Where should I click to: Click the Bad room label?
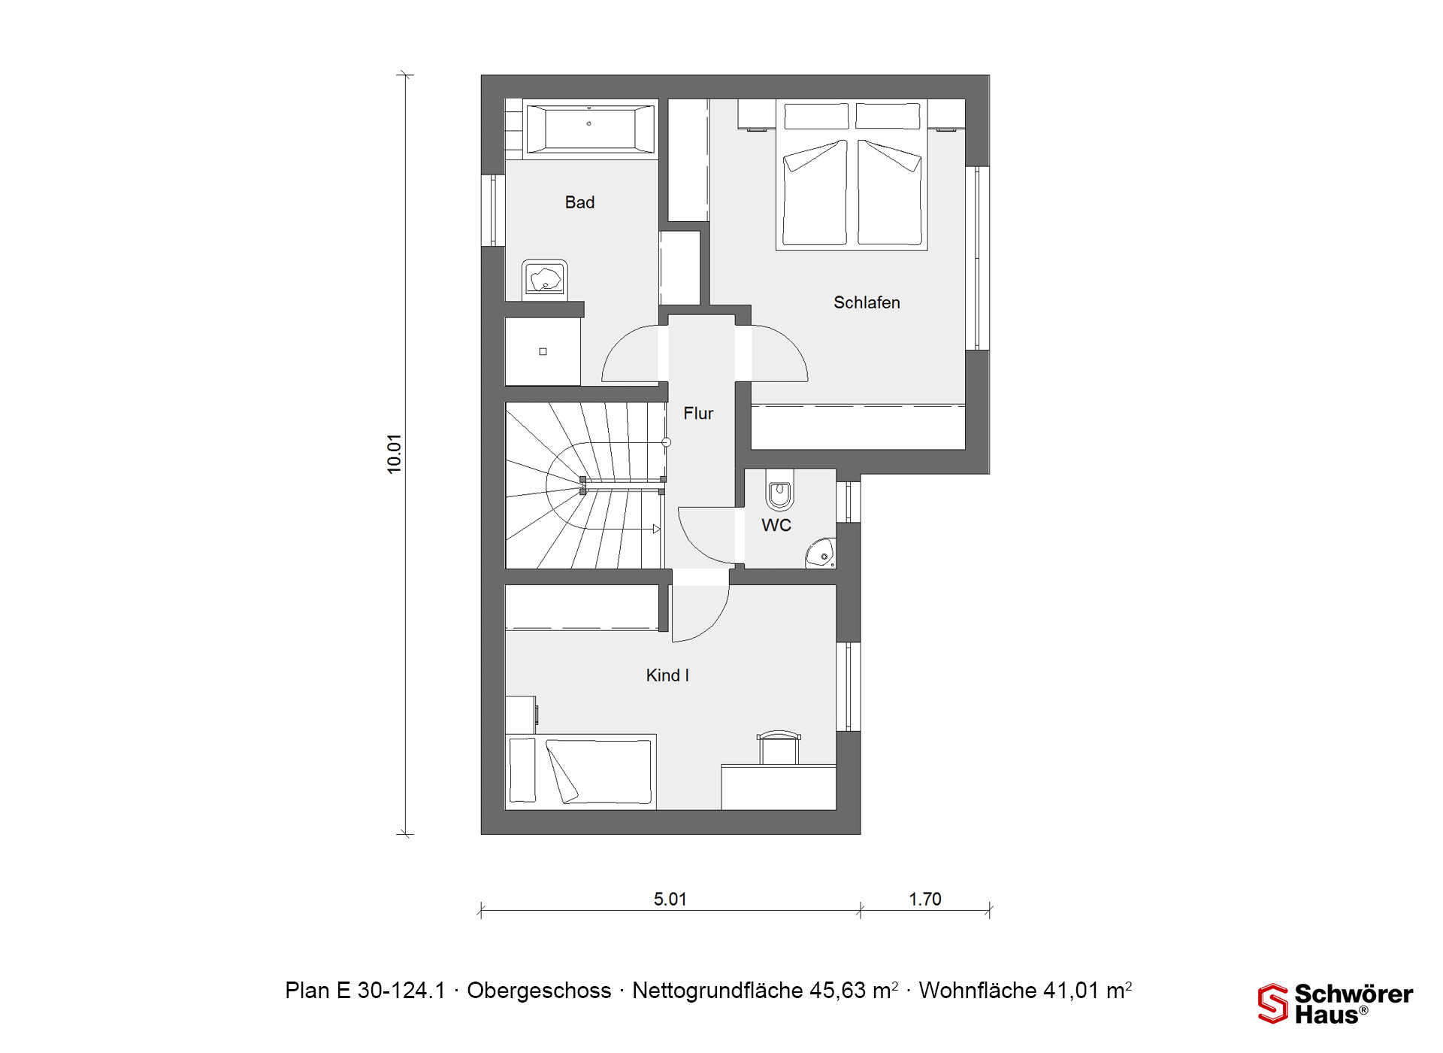[x=579, y=202]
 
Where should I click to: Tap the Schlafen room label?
[x=867, y=302]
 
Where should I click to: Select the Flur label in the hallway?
[x=698, y=413]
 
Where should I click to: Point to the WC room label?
[x=776, y=525]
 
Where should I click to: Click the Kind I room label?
[x=667, y=675]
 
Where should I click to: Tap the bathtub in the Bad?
[x=590, y=129]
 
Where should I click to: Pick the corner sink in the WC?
[x=821, y=553]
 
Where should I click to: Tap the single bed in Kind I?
[x=581, y=772]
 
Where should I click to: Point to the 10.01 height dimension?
[x=395, y=454]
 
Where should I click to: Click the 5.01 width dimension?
[x=670, y=900]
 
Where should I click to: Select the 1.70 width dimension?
[x=925, y=900]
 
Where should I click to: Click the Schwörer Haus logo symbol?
[x=1273, y=1003]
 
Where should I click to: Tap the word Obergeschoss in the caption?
[x=539, y=991]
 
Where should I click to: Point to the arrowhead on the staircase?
[x=657, y=530]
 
